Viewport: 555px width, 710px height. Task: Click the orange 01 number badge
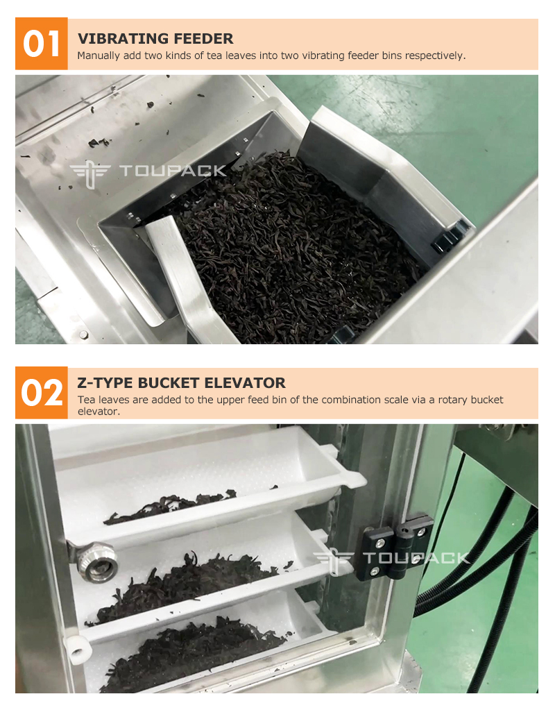pyautogui.click(x=41, y=44)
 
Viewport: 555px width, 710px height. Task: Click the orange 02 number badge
pyautogui.click(x=41, y=393)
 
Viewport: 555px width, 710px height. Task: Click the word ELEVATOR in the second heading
pyautogui.click(x=245, y=382)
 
